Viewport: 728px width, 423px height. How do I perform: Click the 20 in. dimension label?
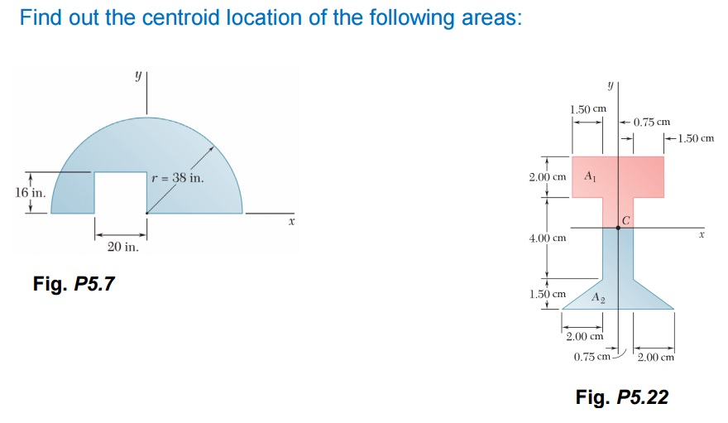coord(122,247)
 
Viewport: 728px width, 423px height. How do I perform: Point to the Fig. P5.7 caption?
coord(74,284)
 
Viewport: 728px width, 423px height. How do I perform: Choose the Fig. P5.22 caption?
coord(621,397)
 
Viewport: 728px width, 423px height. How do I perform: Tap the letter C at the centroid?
coord(626,220)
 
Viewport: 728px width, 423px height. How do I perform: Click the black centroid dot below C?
coord(618,228)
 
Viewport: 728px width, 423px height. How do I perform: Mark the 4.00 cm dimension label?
coord(547,238)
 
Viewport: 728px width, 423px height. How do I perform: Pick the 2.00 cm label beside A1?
coord(547,176)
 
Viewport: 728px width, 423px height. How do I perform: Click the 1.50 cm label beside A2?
coord(547,294)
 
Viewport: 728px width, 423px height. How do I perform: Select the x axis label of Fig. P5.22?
coord(701,236)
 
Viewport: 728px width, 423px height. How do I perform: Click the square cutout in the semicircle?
coord(120,192)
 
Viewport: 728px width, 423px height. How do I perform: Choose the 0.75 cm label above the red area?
coord(651,123)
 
